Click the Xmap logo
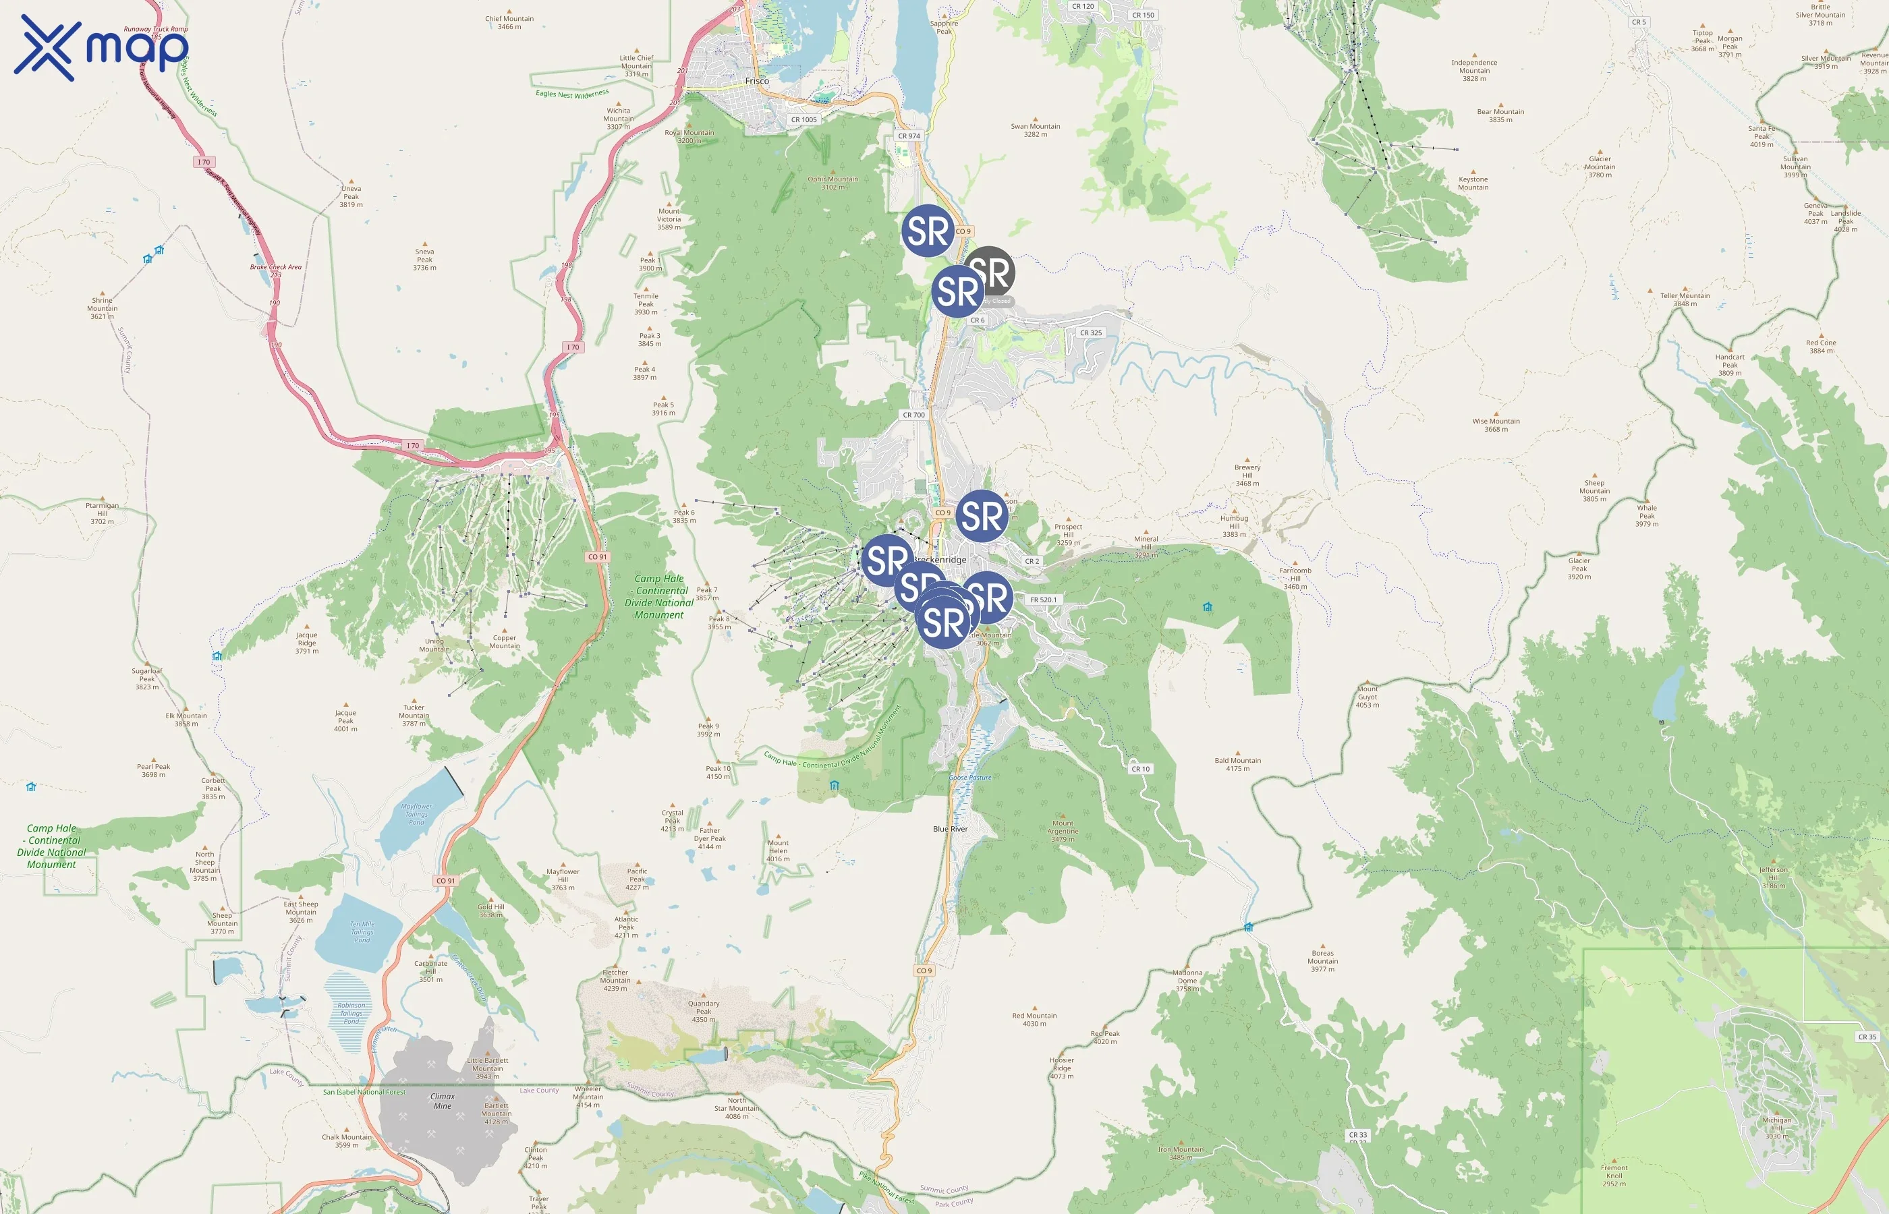101,47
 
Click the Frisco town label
757,81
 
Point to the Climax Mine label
443,1101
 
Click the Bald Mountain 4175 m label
1237,764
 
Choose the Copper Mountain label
505,641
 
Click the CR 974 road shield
908,136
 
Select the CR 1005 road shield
804,120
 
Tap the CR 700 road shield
913,415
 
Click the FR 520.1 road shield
1043,600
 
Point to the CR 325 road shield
1090,333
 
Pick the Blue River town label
950,828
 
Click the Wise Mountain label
1496,425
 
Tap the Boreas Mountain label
1322,961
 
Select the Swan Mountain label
1035,130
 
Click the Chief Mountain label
509,22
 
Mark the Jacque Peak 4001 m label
345,720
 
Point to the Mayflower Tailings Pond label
416,813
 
